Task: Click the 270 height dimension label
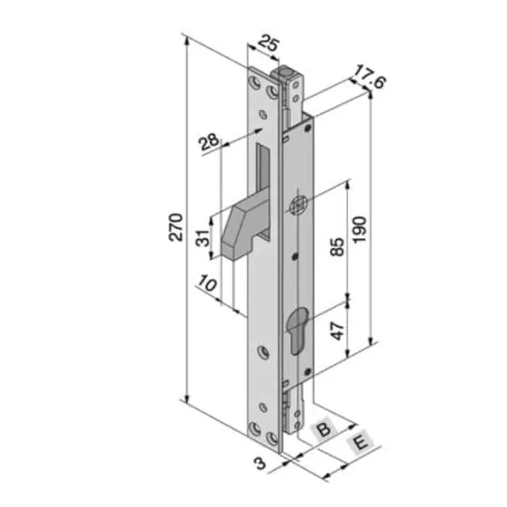tap(177, 227)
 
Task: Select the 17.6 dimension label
tap(369, 77)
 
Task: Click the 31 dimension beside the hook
tap(204, 238)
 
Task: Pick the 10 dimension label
tap(207, 283)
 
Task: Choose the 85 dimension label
tap(338, 246)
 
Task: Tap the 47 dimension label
tap(338, 331)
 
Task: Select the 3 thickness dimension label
tap(259, 464)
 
